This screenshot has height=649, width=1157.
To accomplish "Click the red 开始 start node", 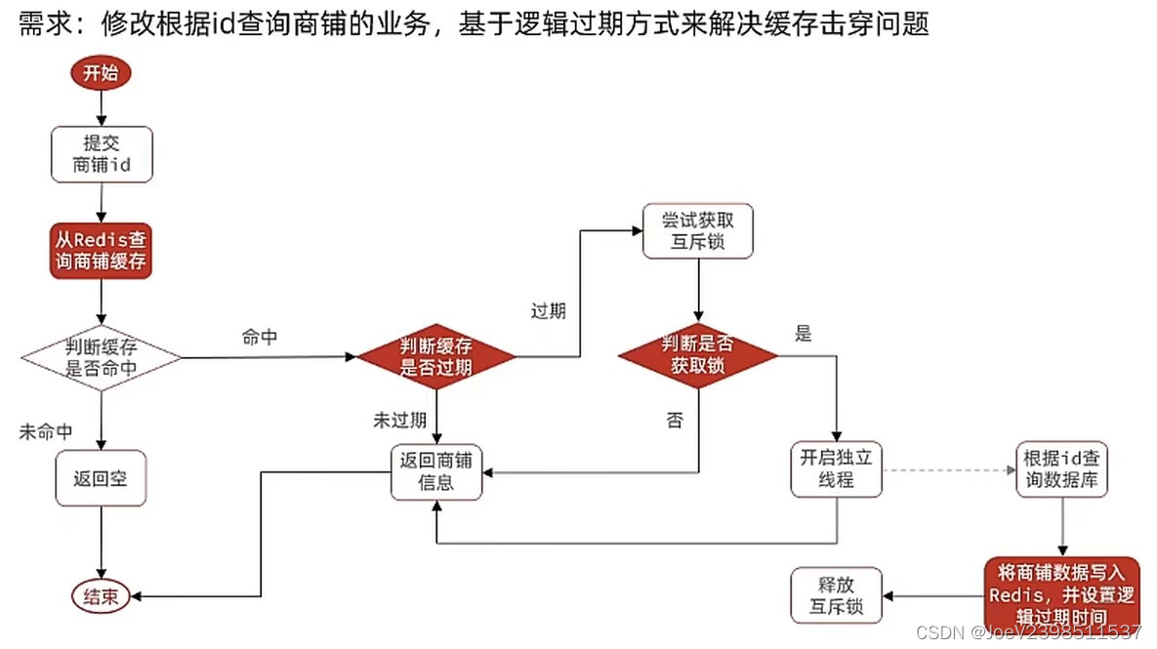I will tap(101, 73).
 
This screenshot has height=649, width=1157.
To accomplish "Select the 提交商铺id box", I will tap(102, 154).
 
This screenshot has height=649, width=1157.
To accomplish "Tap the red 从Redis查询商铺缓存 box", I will tap(102, 251).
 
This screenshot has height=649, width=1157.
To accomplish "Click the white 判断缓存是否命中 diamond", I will tap(102, 358).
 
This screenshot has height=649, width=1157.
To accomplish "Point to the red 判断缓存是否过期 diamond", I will tap(435, 356).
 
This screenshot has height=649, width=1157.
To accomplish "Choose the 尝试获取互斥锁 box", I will tap(697, 231).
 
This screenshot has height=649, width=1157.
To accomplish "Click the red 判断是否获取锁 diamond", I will tap(697, 355).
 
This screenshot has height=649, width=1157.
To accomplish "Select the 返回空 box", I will tap(102, 478).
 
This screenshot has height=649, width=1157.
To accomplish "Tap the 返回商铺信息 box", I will tap(435, 472).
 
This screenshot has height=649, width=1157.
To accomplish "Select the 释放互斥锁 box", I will tap(836, 595).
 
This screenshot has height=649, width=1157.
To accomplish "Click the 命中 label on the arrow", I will tap(260, 338).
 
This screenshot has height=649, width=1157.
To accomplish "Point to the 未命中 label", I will tap(46, 432).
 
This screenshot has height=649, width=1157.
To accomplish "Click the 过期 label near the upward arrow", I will tap(548, 311).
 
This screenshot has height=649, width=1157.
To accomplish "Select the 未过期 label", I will tap(398, 421).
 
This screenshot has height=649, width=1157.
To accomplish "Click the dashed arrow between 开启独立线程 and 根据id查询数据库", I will tap(947, 469).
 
